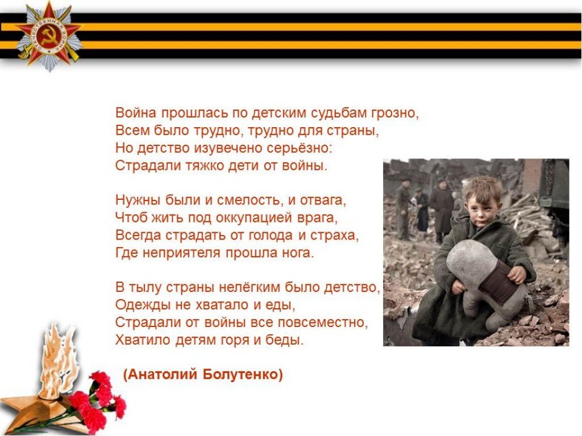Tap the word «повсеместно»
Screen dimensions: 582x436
(322, 322)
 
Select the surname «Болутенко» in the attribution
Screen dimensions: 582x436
(243, 375)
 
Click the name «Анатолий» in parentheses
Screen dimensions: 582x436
(161, 375)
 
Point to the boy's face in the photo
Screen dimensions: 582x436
(481, 208)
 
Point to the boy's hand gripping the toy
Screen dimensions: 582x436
(517, 274)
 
